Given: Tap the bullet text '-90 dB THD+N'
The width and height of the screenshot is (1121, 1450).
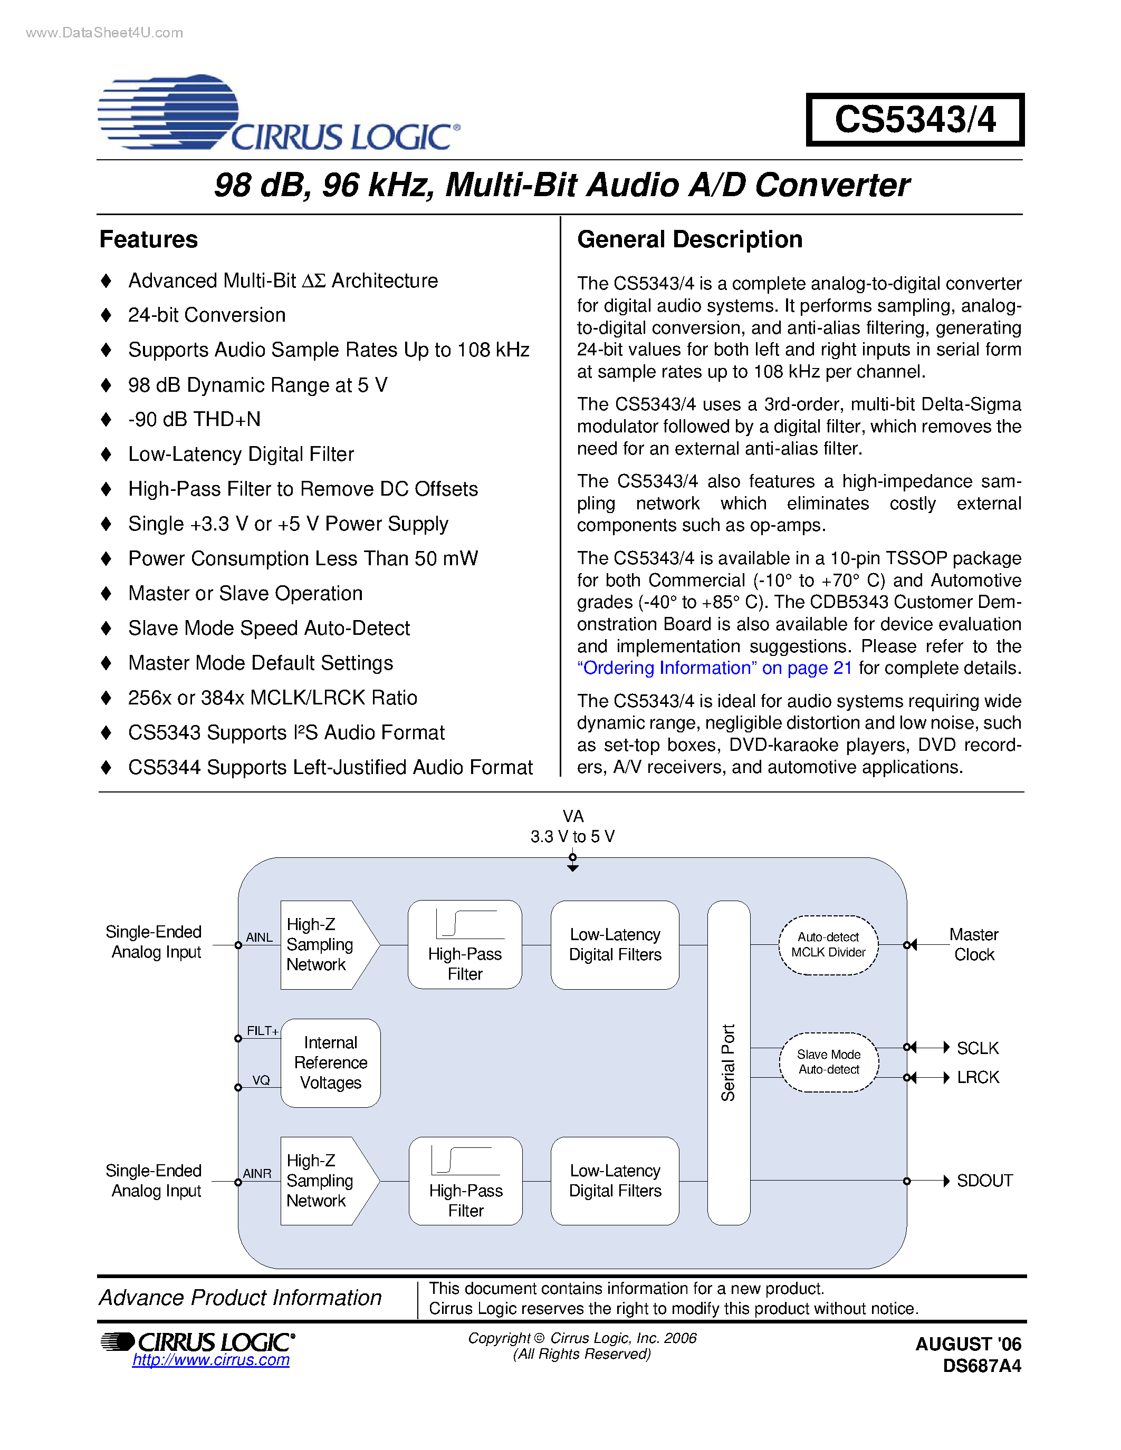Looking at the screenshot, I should click(x=194, y=420).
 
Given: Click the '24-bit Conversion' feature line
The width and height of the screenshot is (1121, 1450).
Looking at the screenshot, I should click(x=207, y=315).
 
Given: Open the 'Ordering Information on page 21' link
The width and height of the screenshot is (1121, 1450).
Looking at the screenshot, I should click(x=714, y=668).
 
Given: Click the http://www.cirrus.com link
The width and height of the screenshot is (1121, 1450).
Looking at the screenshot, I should click(x=210, y=1360).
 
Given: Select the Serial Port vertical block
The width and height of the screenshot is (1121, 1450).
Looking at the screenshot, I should click(x=729, y=1062).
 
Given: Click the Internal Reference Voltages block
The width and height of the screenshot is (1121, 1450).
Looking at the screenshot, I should click(x=330, y=1063).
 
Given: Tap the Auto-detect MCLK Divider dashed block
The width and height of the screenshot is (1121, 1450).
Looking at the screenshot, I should click(x=828, y=945).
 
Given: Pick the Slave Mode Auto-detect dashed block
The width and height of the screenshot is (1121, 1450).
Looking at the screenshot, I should click(x=828, y=1062).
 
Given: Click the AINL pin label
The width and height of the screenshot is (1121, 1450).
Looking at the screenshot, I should click(x=259, y=937).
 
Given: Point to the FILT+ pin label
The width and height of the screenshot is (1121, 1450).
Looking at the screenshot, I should click(x=262, y=1031).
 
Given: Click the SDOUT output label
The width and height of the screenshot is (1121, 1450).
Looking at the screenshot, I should click(x=984, y=1181).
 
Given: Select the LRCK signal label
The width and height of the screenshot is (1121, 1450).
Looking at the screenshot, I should click(x=978, y=1078).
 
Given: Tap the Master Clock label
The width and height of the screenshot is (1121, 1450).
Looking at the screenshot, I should click(x=974, y=945).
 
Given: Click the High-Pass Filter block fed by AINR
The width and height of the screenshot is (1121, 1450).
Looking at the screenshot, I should click(x=465, y=1181).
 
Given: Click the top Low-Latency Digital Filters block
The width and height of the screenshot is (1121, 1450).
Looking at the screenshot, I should click(x=615, y=945).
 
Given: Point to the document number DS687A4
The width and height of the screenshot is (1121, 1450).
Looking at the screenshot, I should click(x=982, y=1366).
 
